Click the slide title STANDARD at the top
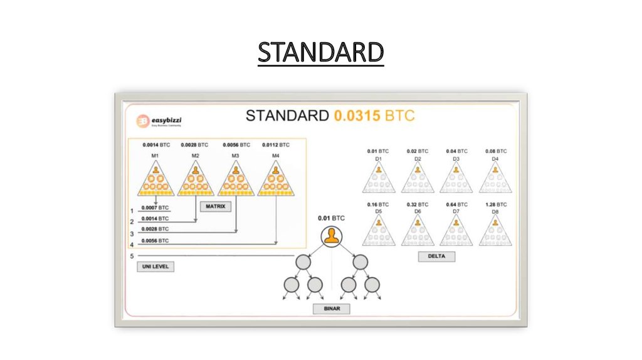point(320,53)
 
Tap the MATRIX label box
point(215,206)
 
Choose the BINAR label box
point(331,309)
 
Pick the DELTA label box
point(436,256)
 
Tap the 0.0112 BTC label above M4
point(275,145)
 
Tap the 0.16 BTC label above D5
point(378,204)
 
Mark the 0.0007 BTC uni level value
point(155,208)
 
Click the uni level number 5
point(132,256)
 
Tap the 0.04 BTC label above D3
point(456,151)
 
